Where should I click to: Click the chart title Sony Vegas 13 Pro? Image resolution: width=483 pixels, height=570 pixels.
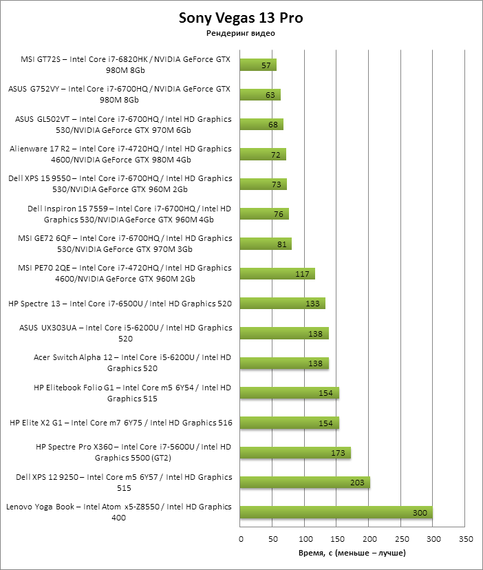point(241,18)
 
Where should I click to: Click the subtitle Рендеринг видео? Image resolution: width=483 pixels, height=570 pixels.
point(241,33)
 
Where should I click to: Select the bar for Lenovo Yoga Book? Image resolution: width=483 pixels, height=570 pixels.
point(336,512)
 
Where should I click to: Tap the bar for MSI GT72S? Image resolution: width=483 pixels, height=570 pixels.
point(258,65)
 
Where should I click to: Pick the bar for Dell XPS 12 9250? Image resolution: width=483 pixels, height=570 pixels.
point(305,483)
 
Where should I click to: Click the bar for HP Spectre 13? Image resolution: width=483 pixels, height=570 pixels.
point(282,304)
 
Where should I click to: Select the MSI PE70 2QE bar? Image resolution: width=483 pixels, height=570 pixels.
point(277,274)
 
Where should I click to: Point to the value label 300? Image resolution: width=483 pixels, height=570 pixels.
point(420,512)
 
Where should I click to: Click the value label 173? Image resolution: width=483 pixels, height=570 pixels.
point(338,453)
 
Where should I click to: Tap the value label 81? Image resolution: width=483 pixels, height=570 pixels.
point(279,244)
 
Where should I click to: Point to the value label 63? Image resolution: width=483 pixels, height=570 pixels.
point(269,95)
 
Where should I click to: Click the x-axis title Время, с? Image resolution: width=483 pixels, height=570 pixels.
point(352,553)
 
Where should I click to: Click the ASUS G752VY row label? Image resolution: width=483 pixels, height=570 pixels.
point(120,94)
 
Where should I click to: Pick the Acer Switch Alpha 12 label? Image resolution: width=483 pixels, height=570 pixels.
point(133,363)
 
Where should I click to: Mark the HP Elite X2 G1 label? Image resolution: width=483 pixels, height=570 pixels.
point(121,423)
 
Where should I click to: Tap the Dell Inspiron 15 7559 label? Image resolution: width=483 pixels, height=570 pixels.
point(129,213)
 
